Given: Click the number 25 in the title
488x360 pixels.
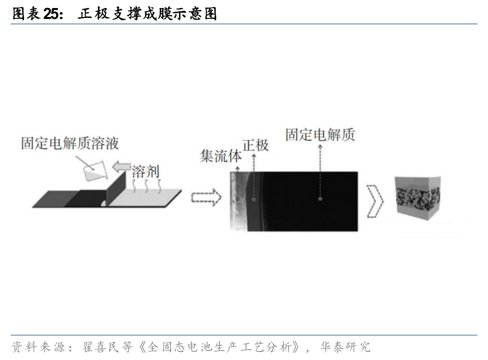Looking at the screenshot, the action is tap(52, 14).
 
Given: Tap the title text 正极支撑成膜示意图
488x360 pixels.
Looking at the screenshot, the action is tap(147, 14).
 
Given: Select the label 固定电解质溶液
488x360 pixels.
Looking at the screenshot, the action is tap(70, 143).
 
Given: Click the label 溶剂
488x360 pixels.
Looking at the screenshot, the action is tap(145, 172).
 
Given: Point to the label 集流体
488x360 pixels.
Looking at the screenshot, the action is tap(220, 156).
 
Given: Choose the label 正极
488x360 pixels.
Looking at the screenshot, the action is tap(255, 145).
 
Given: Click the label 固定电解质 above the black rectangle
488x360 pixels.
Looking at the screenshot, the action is tap(320, 135).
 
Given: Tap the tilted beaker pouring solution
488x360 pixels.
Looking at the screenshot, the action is tap(95, 171).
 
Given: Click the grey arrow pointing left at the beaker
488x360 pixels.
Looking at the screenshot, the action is tap(122, 167).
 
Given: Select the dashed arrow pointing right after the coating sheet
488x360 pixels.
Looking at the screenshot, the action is tap(206, 197).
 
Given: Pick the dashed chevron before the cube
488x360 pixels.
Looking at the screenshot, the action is tap(375, 202).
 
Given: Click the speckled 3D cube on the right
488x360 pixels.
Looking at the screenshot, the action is tap(418, 198).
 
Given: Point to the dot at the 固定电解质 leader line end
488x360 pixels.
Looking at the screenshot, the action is tap(320, 199).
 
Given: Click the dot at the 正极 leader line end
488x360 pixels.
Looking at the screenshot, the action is tap(254, 199).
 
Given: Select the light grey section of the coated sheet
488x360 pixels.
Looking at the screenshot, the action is tap(145, 198).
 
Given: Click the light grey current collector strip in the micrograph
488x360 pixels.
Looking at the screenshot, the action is tap(238, 202).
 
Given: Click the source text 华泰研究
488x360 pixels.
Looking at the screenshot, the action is tap(345, 347).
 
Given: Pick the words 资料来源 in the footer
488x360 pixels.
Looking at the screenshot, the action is tap(38, 347).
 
